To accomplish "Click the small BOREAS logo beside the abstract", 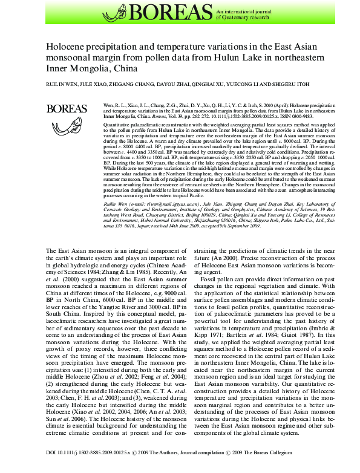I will tap(66, 109).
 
